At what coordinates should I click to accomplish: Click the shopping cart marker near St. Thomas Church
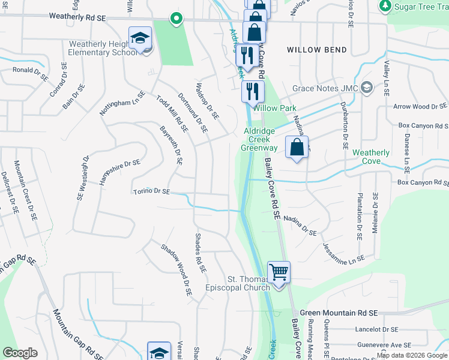pos(279,272)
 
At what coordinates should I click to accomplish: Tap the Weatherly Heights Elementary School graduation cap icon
pos(140,38)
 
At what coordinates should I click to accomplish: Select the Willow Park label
pos(275,108)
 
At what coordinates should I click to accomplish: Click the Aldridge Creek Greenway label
pos(259,139)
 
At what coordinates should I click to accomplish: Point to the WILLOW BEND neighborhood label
pos(312,50)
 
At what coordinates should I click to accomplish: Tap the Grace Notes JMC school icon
pos(367,88)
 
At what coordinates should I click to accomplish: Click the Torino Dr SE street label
pos(152,192)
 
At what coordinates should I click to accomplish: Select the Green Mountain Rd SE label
pos(339,313)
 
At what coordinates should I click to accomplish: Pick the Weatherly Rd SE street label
pos(79,18)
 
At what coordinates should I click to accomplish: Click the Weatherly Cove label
pos(371,157)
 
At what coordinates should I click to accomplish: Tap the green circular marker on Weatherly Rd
pos(175,19)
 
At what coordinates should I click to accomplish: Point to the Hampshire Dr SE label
pos(119,172)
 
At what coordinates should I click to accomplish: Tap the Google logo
pos(20,353)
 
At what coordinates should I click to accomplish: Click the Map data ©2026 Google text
pos(412,355)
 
